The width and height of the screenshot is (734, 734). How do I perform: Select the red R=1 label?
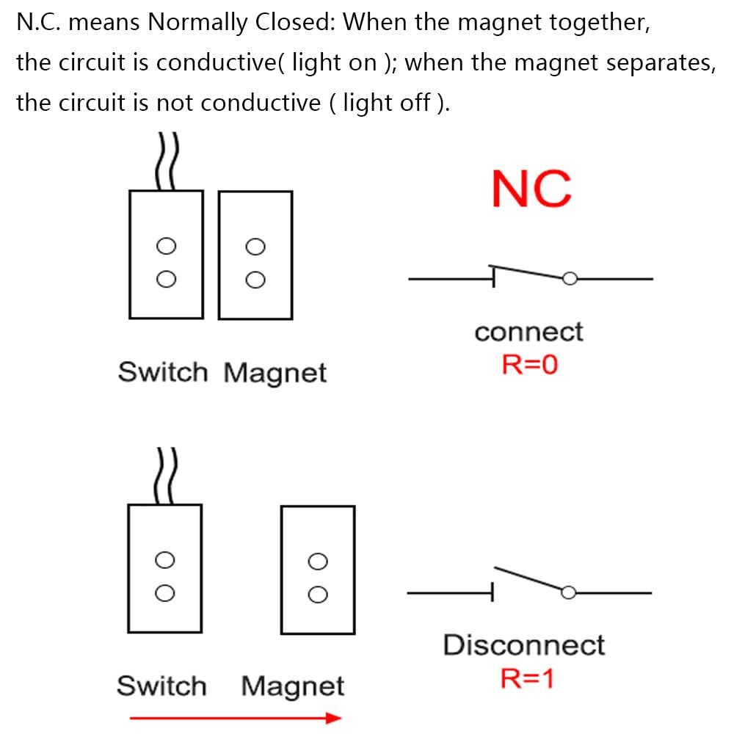point(527,678)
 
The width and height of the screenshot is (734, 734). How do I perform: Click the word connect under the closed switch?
point(528,332)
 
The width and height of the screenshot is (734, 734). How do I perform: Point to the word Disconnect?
point(523,645)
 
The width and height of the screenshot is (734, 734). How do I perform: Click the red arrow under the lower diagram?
point(235,717)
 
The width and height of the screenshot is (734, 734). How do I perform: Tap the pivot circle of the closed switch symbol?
point(569,278)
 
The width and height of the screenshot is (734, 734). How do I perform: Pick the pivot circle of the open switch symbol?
point(567,592)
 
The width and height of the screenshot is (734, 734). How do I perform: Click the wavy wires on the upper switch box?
point(167,161)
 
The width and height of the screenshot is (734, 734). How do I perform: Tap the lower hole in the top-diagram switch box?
point(167,278)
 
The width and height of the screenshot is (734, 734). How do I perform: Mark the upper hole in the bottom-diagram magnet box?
point(318,562)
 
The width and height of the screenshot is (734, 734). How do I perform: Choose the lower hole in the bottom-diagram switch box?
point(165,592)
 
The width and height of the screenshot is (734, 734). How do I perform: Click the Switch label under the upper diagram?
point(163,372)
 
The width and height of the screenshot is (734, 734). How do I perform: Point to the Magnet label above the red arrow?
point(292,687)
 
